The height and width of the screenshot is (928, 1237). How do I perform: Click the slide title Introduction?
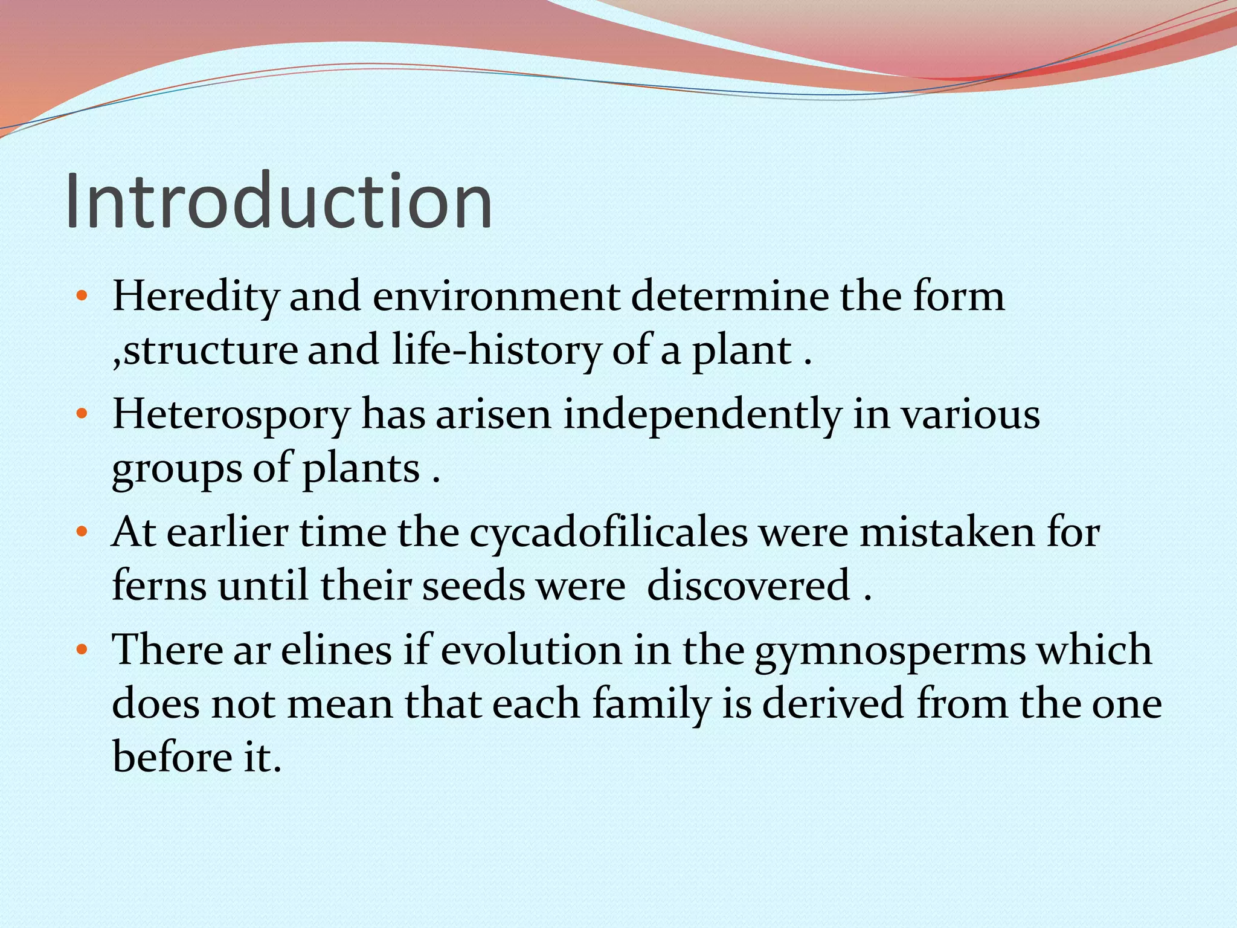[279, 201]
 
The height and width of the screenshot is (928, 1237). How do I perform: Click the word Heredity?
[195, 297]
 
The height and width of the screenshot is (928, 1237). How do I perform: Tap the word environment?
[496, 297]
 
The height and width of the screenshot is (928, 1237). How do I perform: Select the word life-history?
[496, 350]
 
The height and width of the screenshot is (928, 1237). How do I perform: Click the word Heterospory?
[231, 416]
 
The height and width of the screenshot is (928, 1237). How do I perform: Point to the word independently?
[702, 416]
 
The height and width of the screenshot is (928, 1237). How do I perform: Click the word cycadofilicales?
[609, 533]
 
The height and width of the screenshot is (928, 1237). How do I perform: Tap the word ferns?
[159, 586]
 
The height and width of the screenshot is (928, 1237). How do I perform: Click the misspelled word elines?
[336, 651]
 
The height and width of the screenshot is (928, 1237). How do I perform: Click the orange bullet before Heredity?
[82, 297]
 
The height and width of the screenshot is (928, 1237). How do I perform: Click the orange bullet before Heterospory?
[82, 415]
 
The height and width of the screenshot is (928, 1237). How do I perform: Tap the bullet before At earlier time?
[82, 533]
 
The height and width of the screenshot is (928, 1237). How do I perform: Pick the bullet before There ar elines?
[82, 651]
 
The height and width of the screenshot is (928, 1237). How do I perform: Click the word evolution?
[532, 651]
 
